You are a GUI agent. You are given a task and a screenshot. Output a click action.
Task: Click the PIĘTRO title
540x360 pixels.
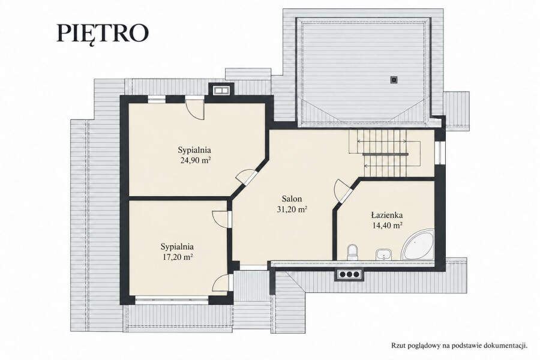(102, 34)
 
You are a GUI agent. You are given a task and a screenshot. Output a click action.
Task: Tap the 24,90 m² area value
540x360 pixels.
(196, 160)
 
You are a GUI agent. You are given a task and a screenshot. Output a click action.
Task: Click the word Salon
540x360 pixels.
(292, 199)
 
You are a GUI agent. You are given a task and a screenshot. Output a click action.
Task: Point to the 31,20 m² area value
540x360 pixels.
(292, 209)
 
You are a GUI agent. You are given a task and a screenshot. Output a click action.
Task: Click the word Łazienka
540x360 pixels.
(387, 215)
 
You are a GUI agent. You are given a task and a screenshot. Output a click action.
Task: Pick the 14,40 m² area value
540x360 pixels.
(388, 226)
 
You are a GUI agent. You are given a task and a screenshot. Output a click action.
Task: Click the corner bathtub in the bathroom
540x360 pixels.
(418, 244)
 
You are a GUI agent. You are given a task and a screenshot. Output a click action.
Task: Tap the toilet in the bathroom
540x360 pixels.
(352, 252)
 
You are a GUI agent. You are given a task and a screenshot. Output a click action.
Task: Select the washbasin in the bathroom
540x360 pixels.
(383, 254)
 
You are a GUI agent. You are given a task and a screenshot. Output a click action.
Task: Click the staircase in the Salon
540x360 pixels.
(385, 153)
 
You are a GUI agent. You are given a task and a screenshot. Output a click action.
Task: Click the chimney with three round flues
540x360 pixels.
(349, 274)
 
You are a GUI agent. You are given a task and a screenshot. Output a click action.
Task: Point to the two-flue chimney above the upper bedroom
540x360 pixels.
(221, 90)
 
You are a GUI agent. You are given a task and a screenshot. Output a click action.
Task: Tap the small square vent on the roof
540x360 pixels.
(394, 80)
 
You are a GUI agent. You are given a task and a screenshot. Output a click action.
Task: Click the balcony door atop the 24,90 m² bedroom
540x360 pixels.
(194, 108)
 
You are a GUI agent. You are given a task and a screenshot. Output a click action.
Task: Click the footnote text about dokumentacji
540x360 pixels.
(459, 346)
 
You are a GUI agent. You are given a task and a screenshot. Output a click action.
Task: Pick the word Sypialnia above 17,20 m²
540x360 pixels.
(177, 247)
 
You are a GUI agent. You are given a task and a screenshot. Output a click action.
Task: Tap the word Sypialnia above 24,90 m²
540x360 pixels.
(194, 150)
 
